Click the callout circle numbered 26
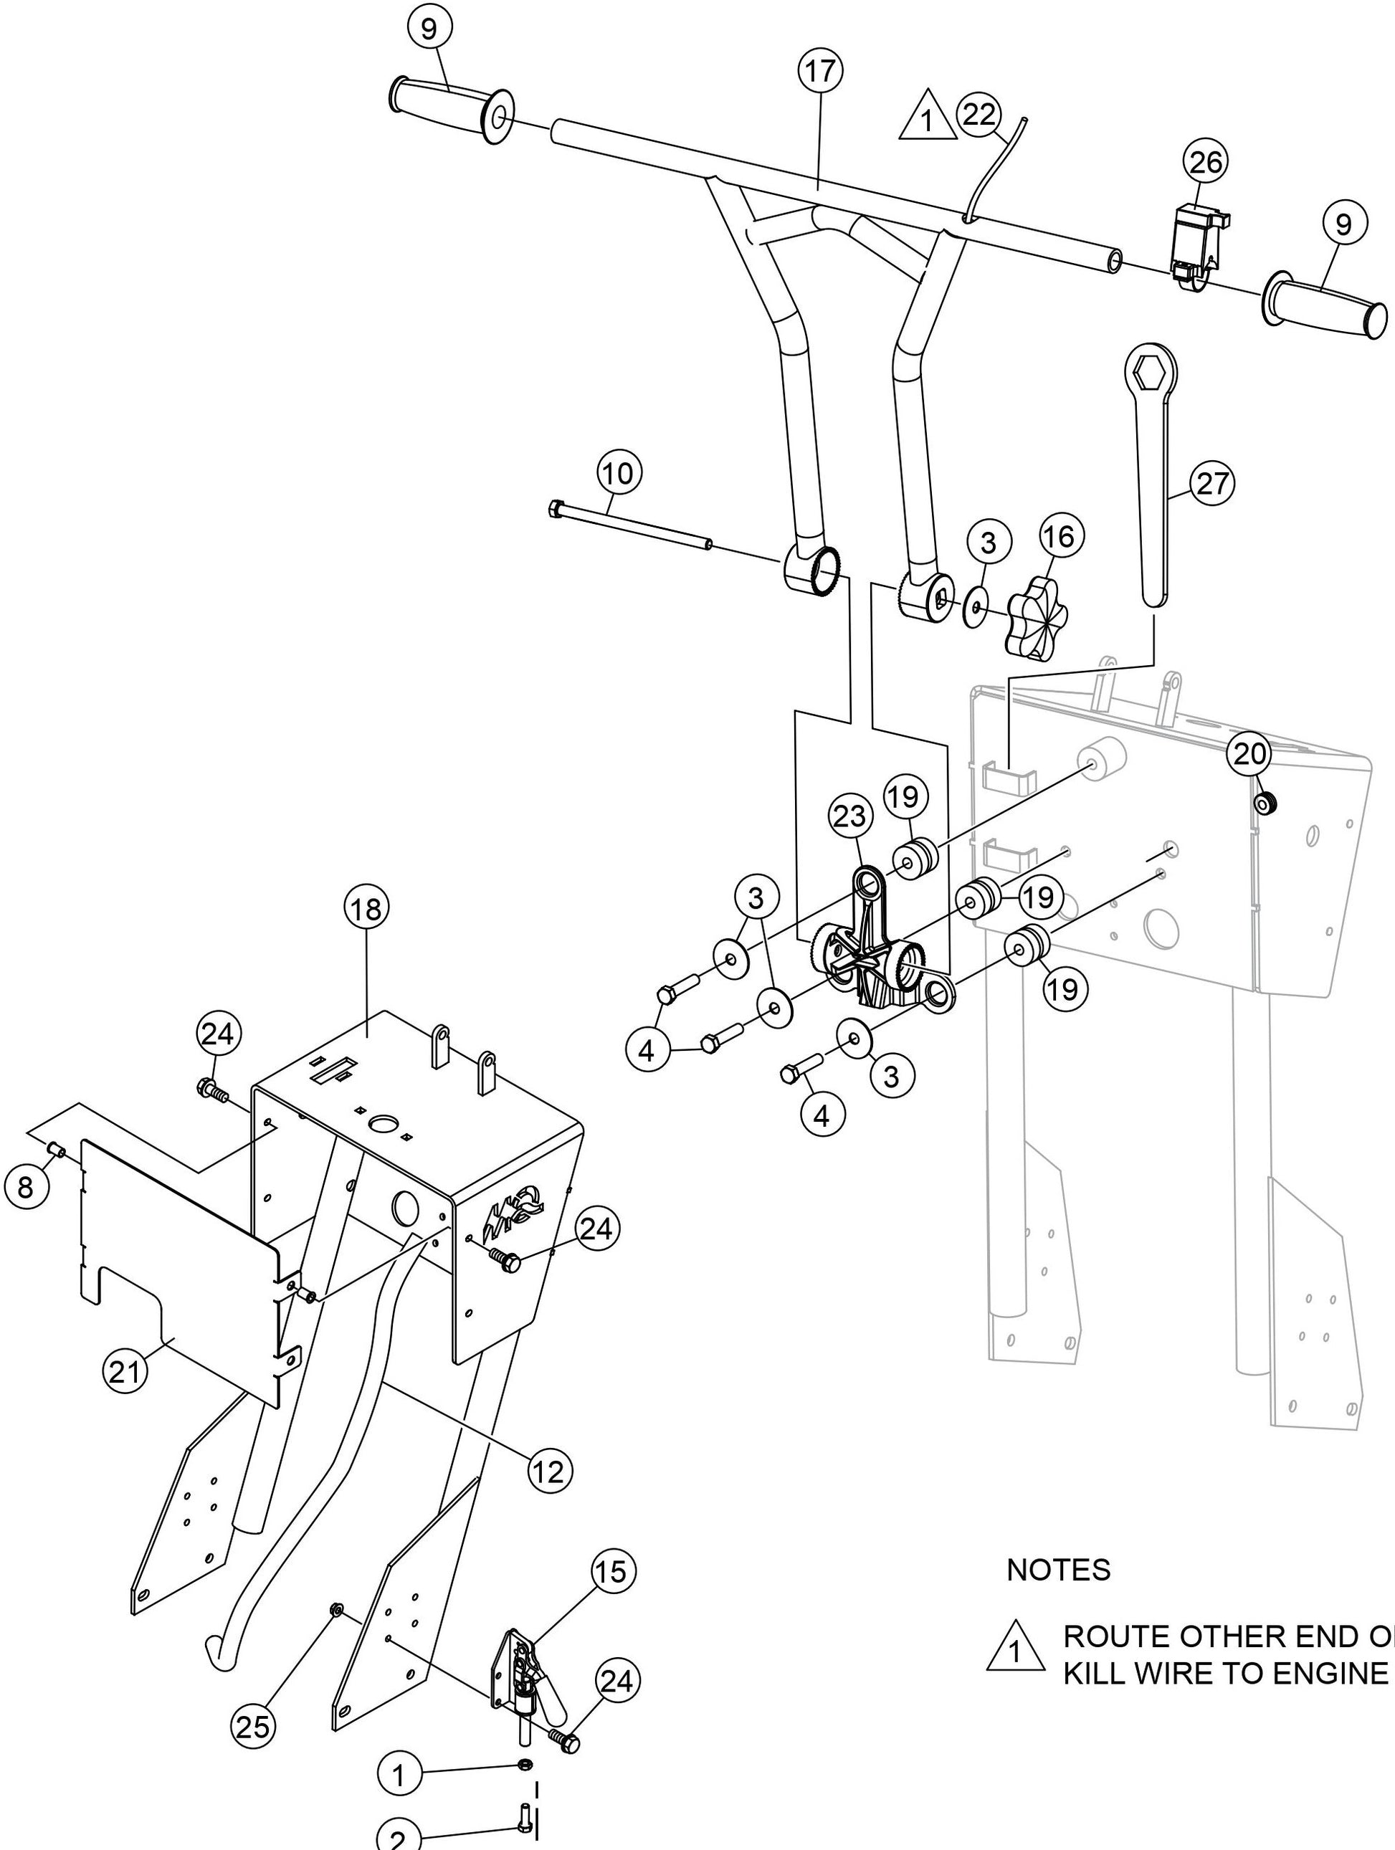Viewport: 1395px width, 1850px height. click(1205, 163)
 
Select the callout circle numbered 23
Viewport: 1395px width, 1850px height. click(849, 817)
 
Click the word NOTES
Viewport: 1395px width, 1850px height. click(1058, 1570)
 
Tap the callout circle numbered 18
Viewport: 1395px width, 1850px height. click(366, 908)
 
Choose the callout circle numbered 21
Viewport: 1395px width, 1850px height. click(125, 1372)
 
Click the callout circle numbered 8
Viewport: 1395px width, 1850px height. click(26, 1186)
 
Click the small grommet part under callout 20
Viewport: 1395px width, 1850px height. click(1264, 804)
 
